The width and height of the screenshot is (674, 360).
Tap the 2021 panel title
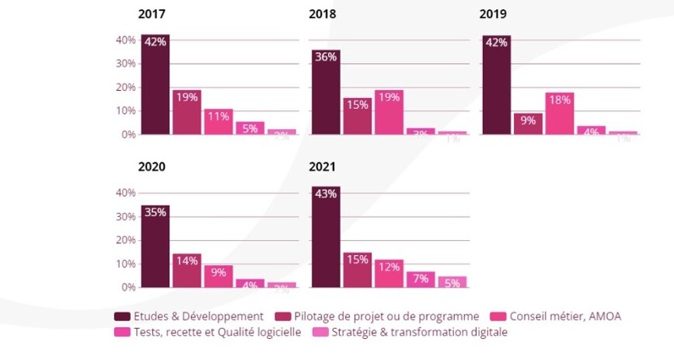coord(322,166)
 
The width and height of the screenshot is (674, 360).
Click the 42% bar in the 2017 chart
coord(155,86)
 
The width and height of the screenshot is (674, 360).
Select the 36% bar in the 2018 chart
coord(326,93)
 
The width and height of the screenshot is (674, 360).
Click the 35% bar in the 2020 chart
coord(155,246)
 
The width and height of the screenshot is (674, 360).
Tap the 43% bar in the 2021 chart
coord(326,237)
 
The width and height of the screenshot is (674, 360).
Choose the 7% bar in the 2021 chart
coord(421,279)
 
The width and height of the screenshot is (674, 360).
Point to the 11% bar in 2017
coord(218,121)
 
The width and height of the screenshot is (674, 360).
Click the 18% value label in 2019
coord(560,100)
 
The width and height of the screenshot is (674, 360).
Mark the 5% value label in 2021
coord(452,283)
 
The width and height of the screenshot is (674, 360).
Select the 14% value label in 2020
coord(187,261)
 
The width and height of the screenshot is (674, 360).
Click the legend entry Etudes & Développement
coord(192,316)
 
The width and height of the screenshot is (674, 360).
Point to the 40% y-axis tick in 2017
coord(126,40)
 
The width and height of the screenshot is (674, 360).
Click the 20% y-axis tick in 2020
coord(126,240)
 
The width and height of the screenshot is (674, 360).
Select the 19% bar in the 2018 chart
coord(389,112)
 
